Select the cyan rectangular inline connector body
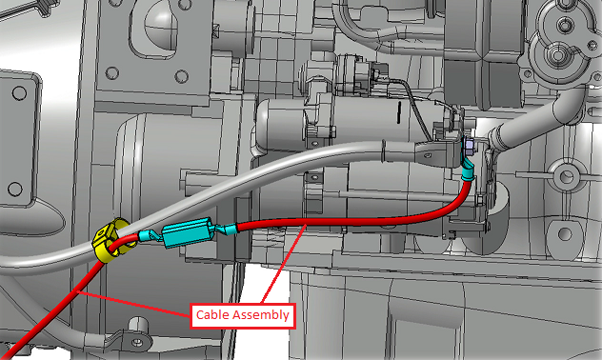(x=187, y=232)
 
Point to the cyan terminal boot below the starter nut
(x=468, y=170)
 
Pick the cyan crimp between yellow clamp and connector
(x=147, y=235)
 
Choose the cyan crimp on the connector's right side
(x=228, y=230)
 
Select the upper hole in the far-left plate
(x=19, y=92)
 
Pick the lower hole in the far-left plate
(x=15, y=189)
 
